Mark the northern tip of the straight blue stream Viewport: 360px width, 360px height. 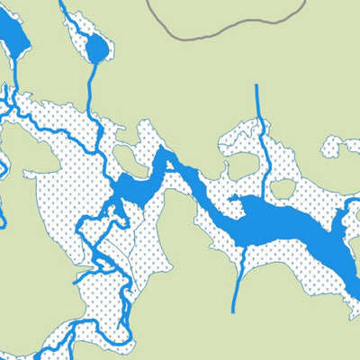coord(256,86)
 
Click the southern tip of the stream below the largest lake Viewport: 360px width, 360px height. coord(234,310)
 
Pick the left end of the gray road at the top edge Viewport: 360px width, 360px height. coord(148,2)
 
